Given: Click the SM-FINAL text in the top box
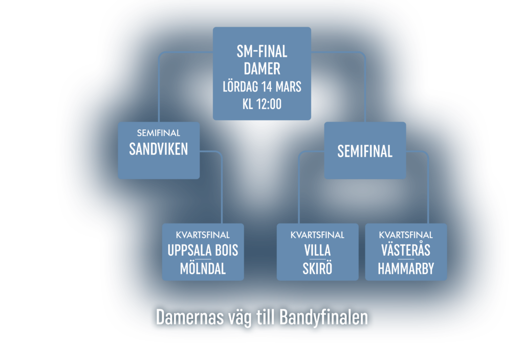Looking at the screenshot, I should [x=262, y=52].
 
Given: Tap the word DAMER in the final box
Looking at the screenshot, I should [x=262, y=69].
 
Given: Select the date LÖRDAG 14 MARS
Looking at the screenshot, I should [x=262, y=86].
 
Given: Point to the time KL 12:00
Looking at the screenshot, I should [x=262, y=104].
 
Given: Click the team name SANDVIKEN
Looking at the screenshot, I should [x=159, y=149].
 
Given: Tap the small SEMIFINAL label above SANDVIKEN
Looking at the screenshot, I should [x=159, y=133].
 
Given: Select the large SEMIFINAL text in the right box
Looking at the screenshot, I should [x=365, y=151].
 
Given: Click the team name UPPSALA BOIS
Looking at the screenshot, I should [x=203, y=251].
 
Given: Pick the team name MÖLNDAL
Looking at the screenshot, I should [x=203, y=269].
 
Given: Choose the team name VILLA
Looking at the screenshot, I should [x=317, y=251].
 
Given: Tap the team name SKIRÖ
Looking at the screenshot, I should [x=317, y=269].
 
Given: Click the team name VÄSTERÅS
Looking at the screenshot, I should [x=406, y=251].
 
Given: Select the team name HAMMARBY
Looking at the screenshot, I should [x=406, y=269].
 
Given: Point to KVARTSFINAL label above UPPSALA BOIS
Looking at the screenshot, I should [x=203, y=235].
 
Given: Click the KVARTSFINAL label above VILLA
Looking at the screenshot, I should [x=317, y=235].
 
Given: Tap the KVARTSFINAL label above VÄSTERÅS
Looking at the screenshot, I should [x=406, y=235].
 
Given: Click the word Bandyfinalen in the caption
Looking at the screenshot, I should [x=324, y=318].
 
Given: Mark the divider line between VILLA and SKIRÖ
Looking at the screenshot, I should [x=317, y=260].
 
